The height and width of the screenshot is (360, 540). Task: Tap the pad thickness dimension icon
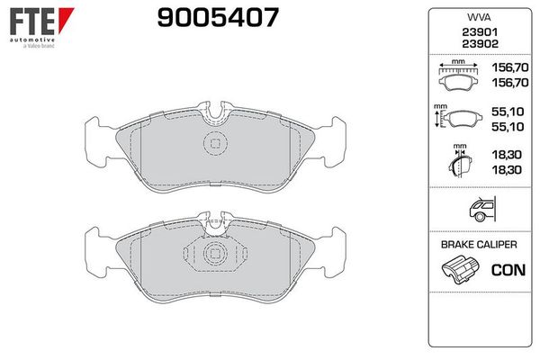[459, 163]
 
